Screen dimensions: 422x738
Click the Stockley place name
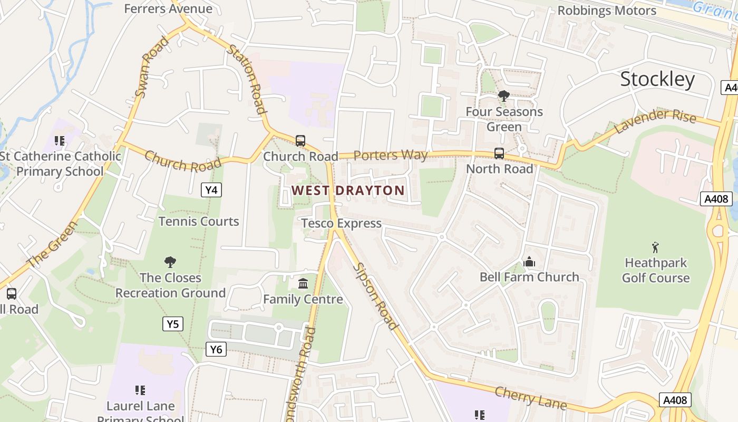click(x=657, y=79)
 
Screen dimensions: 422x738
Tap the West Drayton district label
click(x=348, y=190)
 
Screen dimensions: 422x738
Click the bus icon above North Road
click(x=499, y=154)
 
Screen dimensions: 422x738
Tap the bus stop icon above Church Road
click(x=300, y=141)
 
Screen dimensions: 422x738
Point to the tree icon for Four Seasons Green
click(x=503, y=96)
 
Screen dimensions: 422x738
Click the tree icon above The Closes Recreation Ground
click(x=170, y=262)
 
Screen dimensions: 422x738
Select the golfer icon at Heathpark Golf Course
click(x=655, y=247)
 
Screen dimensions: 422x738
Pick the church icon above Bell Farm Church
click(x=529, y=262)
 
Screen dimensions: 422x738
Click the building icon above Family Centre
click(x=303, y=284)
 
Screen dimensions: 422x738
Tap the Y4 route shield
click(x=211, y=190)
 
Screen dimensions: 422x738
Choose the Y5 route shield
click(x=173, y=324)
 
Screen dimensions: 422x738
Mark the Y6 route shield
click(x=216, y=349)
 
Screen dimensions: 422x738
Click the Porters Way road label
click(x=390, y=155)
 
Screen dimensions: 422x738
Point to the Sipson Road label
click(x=375, y=295)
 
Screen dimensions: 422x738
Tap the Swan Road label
click(x=151, y=67)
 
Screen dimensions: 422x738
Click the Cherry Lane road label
click(x=530, y=397)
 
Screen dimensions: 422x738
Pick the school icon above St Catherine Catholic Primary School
click(x=60, y=141)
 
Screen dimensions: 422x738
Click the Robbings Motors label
click(x=606, y=11)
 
